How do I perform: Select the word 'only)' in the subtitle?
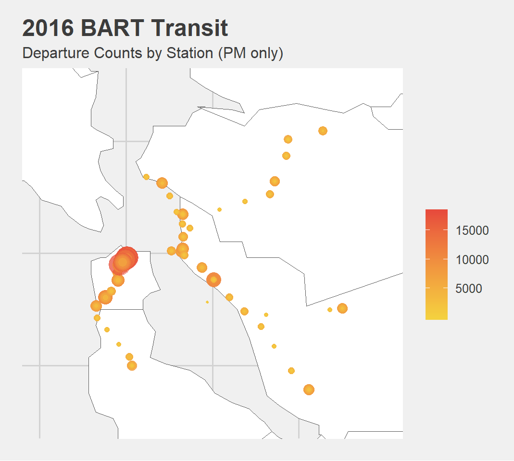[x=265, y=53]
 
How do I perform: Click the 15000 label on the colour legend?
[x=472, y=230]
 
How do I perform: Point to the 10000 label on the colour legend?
[x=472, y=260]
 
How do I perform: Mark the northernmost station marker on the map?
[x=323, y=131]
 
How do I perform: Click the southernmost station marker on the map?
[x=309, y=389]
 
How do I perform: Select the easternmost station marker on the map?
[x=342, y=308]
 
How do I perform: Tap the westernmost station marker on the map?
[x=96, y=306]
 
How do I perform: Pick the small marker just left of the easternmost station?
[x=330, y=310]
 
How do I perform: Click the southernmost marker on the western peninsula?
[x=132, y=365]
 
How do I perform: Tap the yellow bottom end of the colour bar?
[x=437, y=316]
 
